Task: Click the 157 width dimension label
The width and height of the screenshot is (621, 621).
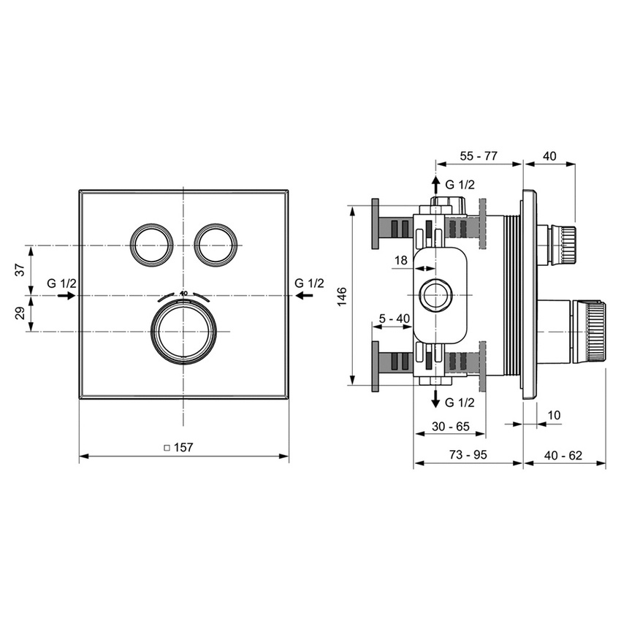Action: (183, 448)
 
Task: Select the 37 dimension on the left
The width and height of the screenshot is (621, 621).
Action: (20, 269)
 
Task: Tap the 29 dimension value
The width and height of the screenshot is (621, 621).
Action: (20, 313)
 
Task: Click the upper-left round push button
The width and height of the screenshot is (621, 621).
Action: (152, 243)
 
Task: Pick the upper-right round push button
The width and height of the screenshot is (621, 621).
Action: (216, 243)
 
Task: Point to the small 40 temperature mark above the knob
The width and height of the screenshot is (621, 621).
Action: (183, 293)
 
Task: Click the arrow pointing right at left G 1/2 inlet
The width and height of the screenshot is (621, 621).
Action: (65, 295)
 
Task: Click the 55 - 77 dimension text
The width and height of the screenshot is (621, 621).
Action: (479, 156)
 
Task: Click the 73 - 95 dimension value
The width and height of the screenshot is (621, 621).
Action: (468, 454)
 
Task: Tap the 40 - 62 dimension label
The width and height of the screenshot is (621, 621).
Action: (563, 454)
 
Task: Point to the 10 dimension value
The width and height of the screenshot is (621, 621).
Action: (554, 415)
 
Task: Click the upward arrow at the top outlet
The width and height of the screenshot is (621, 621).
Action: (435, 183)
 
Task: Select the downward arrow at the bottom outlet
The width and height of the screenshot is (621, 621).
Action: (435, 399)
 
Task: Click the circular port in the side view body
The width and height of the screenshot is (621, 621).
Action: (436, 296)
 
